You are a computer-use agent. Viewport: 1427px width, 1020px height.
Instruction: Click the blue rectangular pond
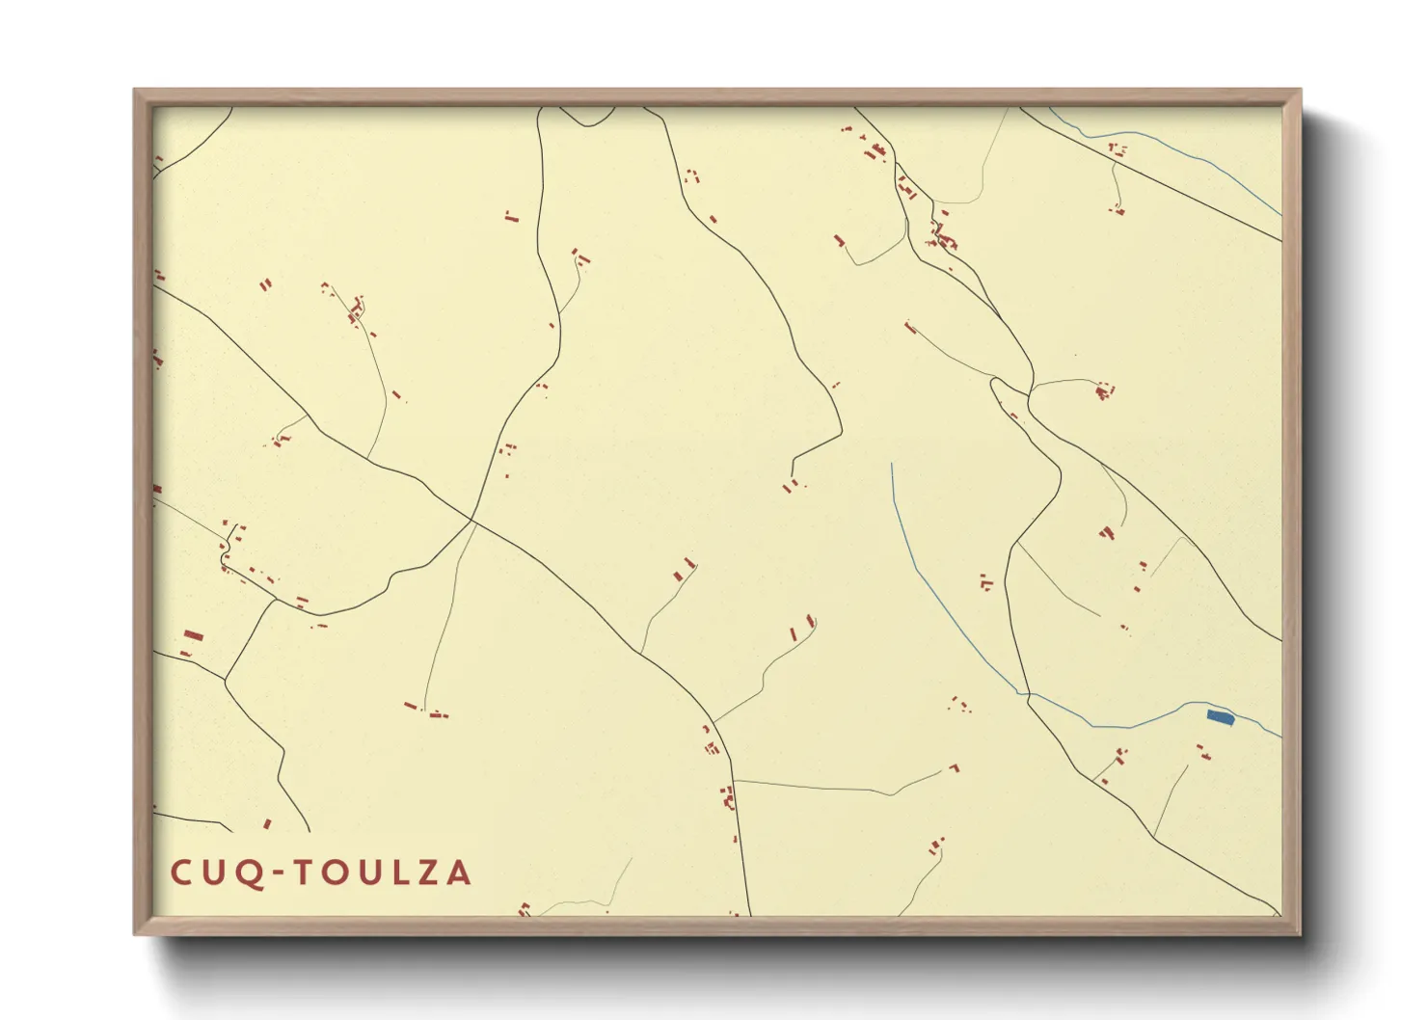click(x=1221, y=717)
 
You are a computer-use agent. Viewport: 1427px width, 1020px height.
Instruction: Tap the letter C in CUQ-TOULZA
click(x=181, y=872)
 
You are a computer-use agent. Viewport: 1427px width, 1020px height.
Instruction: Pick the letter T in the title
click(x=304, y=872)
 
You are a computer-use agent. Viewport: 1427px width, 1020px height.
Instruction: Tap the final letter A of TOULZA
click(x=458, y=872)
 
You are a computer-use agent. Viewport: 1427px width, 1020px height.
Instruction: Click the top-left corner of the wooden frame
click(x=135, y=91)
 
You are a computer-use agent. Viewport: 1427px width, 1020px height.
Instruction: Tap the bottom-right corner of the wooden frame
click(x=1300, y=933)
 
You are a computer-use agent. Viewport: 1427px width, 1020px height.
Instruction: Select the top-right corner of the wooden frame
click(x=1300, y=91)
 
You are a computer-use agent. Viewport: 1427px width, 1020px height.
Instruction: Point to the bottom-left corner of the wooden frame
click(x=135, y=933)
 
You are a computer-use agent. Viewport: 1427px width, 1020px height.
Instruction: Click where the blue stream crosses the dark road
click(x=1028, y=694)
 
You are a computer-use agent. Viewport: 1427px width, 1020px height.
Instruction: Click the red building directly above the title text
click(x=267, y=823)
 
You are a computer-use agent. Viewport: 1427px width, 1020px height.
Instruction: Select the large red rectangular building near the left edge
click(x=193, y=635)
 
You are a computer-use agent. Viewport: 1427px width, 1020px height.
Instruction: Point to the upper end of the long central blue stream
click(x=892, y=464)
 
